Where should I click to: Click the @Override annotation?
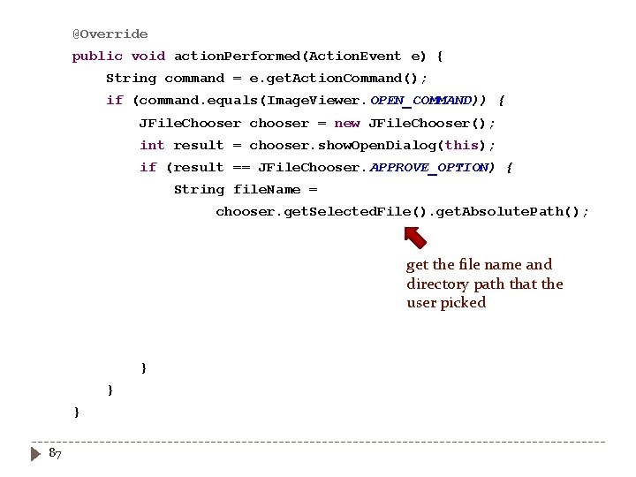(x=110, y=34)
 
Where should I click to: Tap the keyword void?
(x=148, y=56)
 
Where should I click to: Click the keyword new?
(x=346, y=123)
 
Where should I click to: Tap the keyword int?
(x=151, y=145)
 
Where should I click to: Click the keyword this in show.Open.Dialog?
(x=460, y=145)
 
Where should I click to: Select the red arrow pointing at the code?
(x=415, y=236)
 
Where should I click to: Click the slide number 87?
(x=55, y=453)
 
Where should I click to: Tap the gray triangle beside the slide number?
(x=35, y=454)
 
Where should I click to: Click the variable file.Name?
(x=266, y=189)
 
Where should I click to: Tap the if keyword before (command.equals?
(x=115, y=100)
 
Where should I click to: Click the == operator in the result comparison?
(x=240, y=167)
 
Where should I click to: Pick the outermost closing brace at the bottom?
(x=77, y=412)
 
